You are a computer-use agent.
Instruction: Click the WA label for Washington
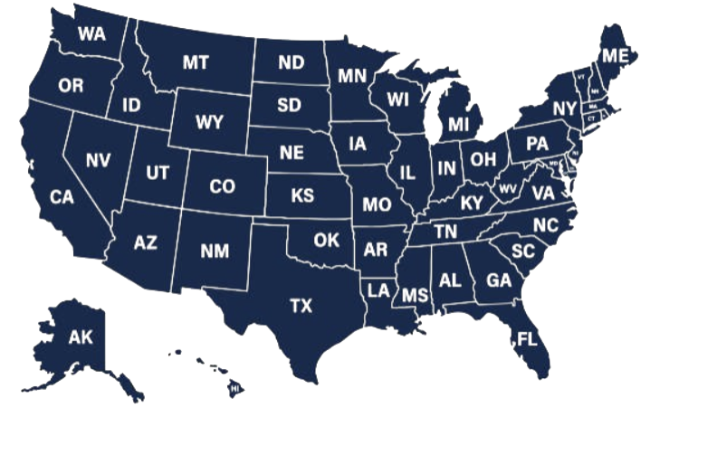click(x=91, y=33)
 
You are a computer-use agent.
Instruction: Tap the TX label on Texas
click(x=301, y=306)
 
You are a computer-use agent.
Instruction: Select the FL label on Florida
click(x=526, y=341)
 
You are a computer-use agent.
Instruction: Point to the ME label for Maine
click(x=616, y=56)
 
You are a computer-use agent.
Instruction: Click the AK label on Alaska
click(x=81, y=337)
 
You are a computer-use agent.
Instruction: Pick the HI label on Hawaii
click(x=234, y=389)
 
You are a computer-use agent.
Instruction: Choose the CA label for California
click(x=62, y=197)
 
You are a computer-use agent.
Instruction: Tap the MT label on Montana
click(x=196, y=62)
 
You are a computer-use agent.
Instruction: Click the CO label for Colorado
click(x=222, y=186)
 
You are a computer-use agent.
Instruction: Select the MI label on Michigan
click(x=459, y=124)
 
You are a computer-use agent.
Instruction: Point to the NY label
click(x=564, y=109)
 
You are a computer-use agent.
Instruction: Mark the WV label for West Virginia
click(x=507, y=188)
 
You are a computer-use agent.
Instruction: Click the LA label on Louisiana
click(x=378, y=290)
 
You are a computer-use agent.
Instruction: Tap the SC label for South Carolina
click(x=522, y=251)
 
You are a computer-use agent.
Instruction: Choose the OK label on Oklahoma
click(x=326, y=241)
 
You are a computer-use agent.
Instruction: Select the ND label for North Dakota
click(x=291, y=62)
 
